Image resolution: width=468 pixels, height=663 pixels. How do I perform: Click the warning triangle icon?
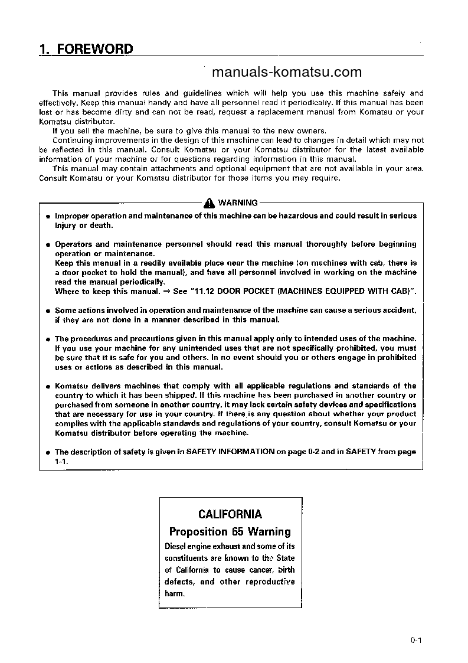(210, 203)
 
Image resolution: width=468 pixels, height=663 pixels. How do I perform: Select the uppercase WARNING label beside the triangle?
(238, 203)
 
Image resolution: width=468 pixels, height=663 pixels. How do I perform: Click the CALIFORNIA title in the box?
(230, 514)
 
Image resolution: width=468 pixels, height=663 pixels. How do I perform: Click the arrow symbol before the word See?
(167, 291)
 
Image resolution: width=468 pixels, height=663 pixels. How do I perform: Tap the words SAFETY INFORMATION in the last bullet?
(231, 452)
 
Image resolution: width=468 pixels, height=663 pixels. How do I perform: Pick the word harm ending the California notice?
(174, 593)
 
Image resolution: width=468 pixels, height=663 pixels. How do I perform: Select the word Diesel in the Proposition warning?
(176, 546)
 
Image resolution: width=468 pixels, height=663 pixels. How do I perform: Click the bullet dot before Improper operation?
(48, 216)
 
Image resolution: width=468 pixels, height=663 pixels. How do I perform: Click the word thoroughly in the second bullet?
(324, 244)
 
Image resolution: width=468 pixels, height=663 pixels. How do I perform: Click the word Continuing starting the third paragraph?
(71, 140)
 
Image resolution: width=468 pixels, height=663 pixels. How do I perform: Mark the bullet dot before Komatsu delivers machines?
(48, 386)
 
